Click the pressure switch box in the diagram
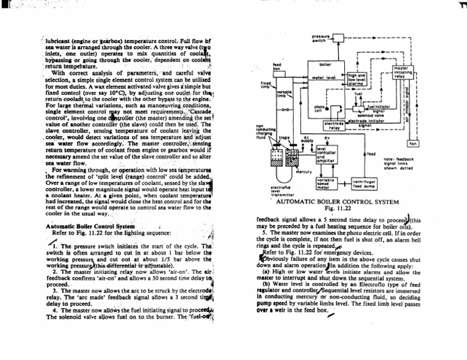pyautogui.click(x=339, y=39)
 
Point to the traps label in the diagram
pyautogui.click(x=283, y=138)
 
